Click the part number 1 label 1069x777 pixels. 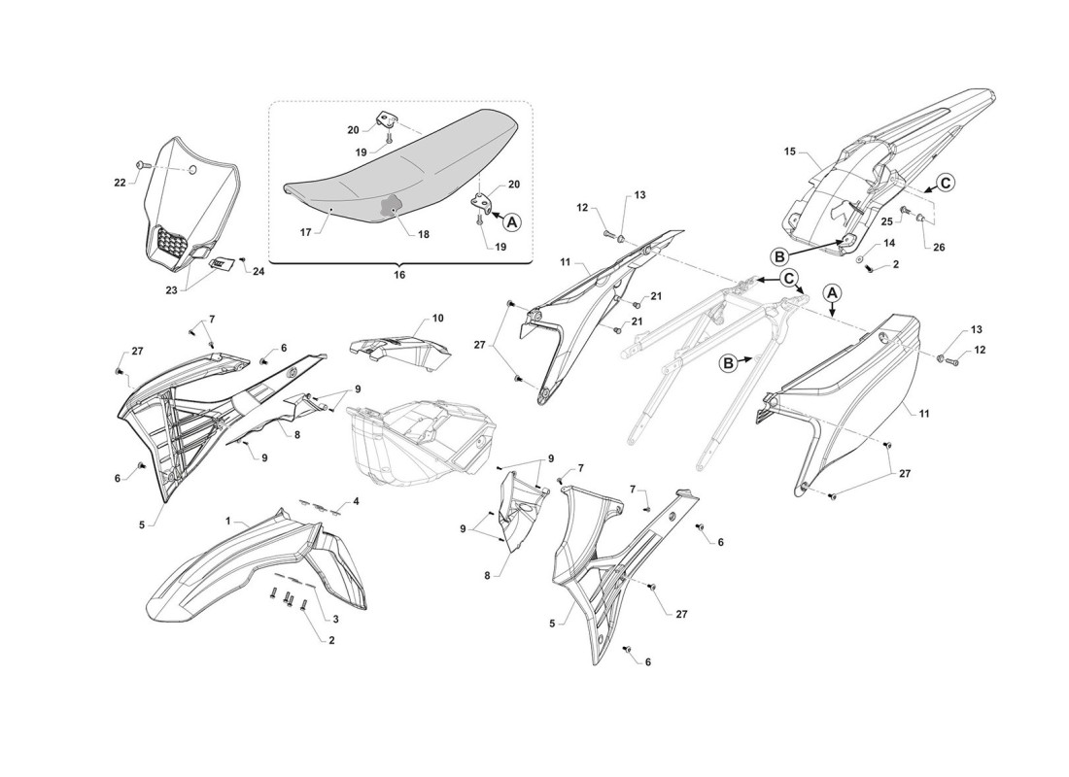(229, 520)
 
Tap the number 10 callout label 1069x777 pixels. (437, 319)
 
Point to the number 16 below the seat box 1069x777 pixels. (399, 276)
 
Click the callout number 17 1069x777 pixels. (305, 232)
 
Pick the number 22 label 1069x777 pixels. (120, 183)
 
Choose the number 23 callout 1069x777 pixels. (171, 289)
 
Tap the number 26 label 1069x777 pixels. (939, 248)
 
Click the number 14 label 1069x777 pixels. (889, 244)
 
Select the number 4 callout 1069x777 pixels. (356, 501)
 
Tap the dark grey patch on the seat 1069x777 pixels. (390, 205)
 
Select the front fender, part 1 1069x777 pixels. (259, 567)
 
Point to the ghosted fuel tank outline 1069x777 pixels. (423, 443)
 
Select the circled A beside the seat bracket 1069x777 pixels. (512, 220)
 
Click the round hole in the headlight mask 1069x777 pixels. (191, 169)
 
